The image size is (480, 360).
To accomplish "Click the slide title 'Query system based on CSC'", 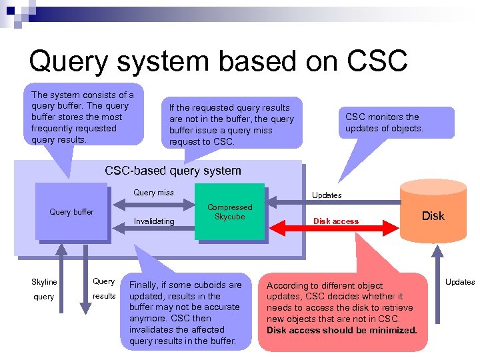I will click(218, 61).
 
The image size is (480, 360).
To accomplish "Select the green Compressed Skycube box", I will click(229, 211).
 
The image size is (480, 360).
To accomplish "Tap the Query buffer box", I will click(71, 212).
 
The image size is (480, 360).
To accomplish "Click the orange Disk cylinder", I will click(433, 215).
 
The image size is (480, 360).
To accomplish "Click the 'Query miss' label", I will click(153, 193).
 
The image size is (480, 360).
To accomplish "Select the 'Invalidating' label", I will click(154, 221).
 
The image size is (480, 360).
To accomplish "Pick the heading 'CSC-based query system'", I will click(173, 171).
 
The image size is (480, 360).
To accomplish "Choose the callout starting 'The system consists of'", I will click(83, 117).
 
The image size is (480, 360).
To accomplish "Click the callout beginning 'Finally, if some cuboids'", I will click(185, 313).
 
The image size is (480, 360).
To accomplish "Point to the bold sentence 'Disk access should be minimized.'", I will click(342, 330).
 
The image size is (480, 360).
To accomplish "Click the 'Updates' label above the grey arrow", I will click(327, 195).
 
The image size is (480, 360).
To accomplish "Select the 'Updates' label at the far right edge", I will click(460, 282).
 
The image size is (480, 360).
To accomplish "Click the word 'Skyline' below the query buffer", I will click(44, 282).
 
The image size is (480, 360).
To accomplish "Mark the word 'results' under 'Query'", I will click(104, 295).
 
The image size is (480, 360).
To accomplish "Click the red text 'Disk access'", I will click(336, 221).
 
